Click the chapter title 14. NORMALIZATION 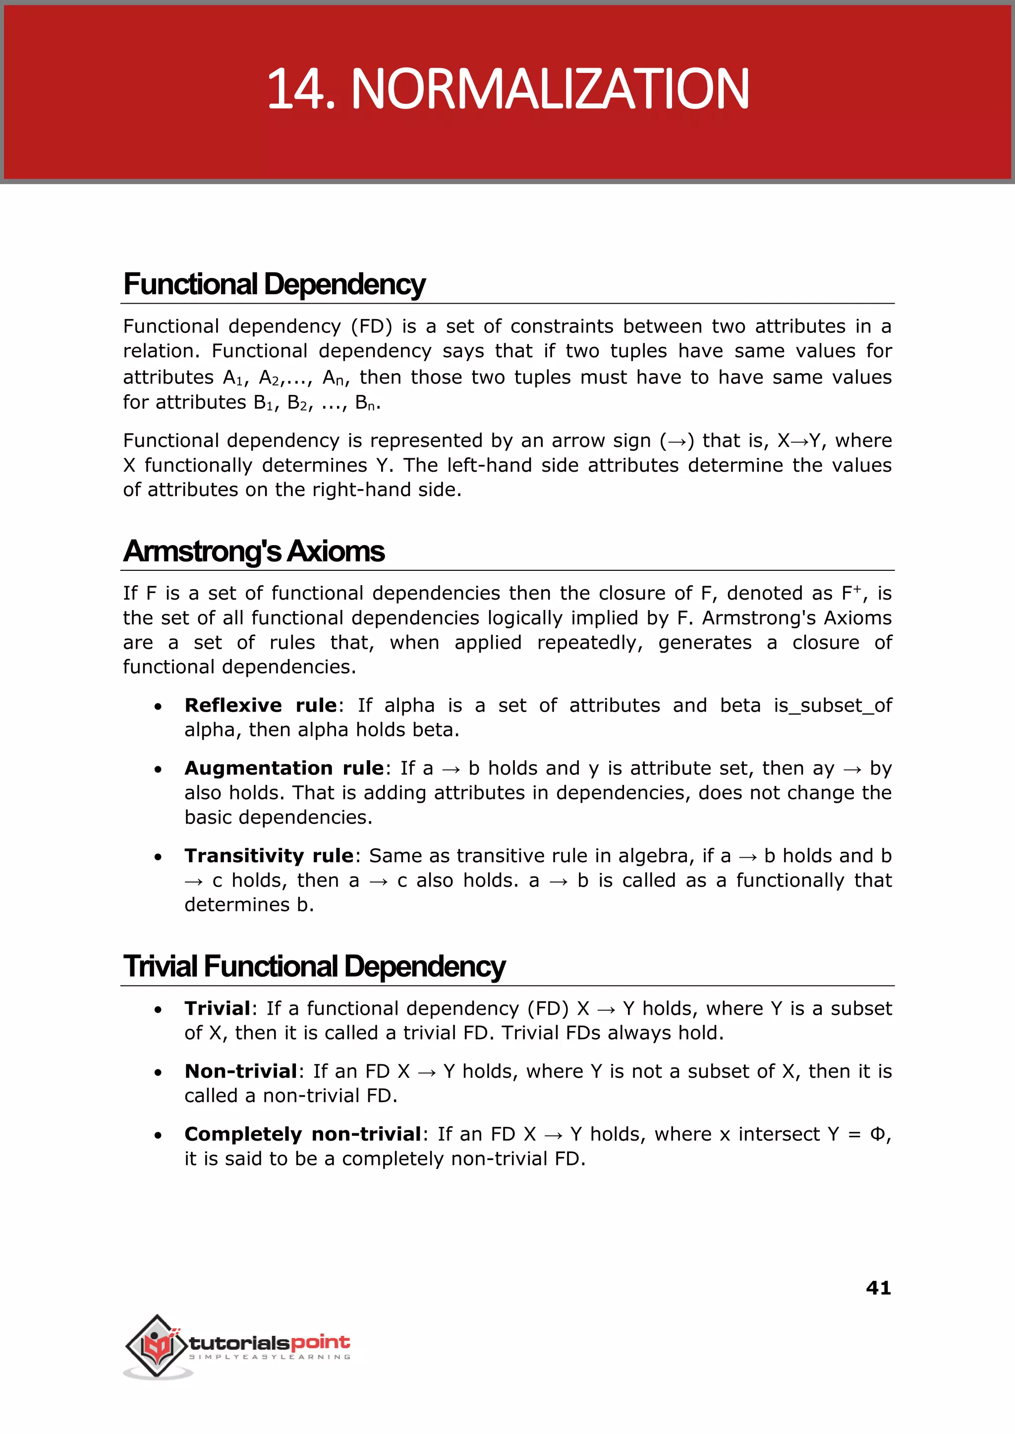[x=507, y=89]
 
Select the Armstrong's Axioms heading [x=253, y=551]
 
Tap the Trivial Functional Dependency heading [x=314, y=966]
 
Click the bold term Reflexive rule [x=260, y=706]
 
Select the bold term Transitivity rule [x=269, y=855]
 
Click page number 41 [x=878, y=1288]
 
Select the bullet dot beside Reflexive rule [x=158, y=707]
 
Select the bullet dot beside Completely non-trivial [x=158, y=1135]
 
